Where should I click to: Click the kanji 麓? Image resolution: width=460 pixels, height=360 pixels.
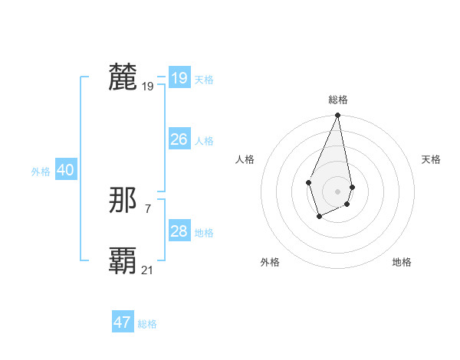tap(123, 78)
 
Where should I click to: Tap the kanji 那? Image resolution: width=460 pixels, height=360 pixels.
tap(123, 201)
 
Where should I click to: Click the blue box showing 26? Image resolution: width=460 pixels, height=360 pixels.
tap(179, 139)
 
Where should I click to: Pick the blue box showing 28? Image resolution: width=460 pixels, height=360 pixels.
tap(179, 231)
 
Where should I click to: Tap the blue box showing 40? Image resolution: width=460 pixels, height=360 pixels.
tap(65, 170)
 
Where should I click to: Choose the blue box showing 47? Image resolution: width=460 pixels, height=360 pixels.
tap(123, 322)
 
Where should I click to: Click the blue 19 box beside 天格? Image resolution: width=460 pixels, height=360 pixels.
tap(179, 78)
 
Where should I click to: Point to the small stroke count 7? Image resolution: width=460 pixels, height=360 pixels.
tap(147, 208)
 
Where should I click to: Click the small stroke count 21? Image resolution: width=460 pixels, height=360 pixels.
tap(147, 270)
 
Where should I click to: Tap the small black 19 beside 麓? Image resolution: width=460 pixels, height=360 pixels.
tap(147, 87)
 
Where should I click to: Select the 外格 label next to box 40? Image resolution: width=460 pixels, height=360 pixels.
tap(41, 172)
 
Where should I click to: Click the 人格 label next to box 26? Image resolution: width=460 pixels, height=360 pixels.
tap(204, 141)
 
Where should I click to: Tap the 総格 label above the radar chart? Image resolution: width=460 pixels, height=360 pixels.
tap(337, 100)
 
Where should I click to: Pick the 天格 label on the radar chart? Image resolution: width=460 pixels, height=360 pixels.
tap(431, 159)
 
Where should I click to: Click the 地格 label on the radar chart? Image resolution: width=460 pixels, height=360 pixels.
tap(402, 262)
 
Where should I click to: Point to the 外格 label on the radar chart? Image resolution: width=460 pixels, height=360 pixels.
tap(270, 262)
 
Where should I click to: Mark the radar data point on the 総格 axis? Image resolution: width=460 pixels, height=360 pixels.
tap(337, 116)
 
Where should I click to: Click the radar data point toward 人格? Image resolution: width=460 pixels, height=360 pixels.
tap(308, 182)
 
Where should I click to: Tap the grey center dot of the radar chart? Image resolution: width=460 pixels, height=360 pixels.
tap(337, 191)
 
